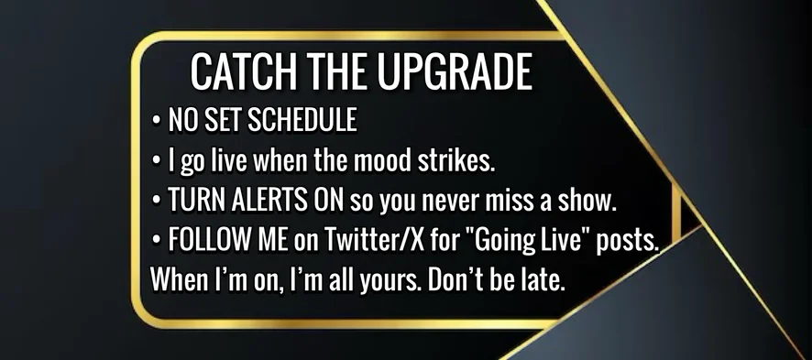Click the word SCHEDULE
(302, 120)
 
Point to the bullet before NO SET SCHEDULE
(157, 121)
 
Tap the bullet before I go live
(157, 162)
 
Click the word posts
(627, 242)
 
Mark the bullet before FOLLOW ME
(157, 241)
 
